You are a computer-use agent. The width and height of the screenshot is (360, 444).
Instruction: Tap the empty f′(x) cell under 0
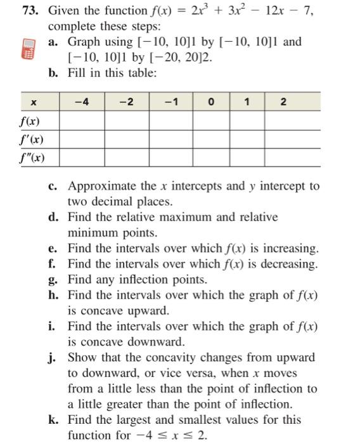coord(210,139)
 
